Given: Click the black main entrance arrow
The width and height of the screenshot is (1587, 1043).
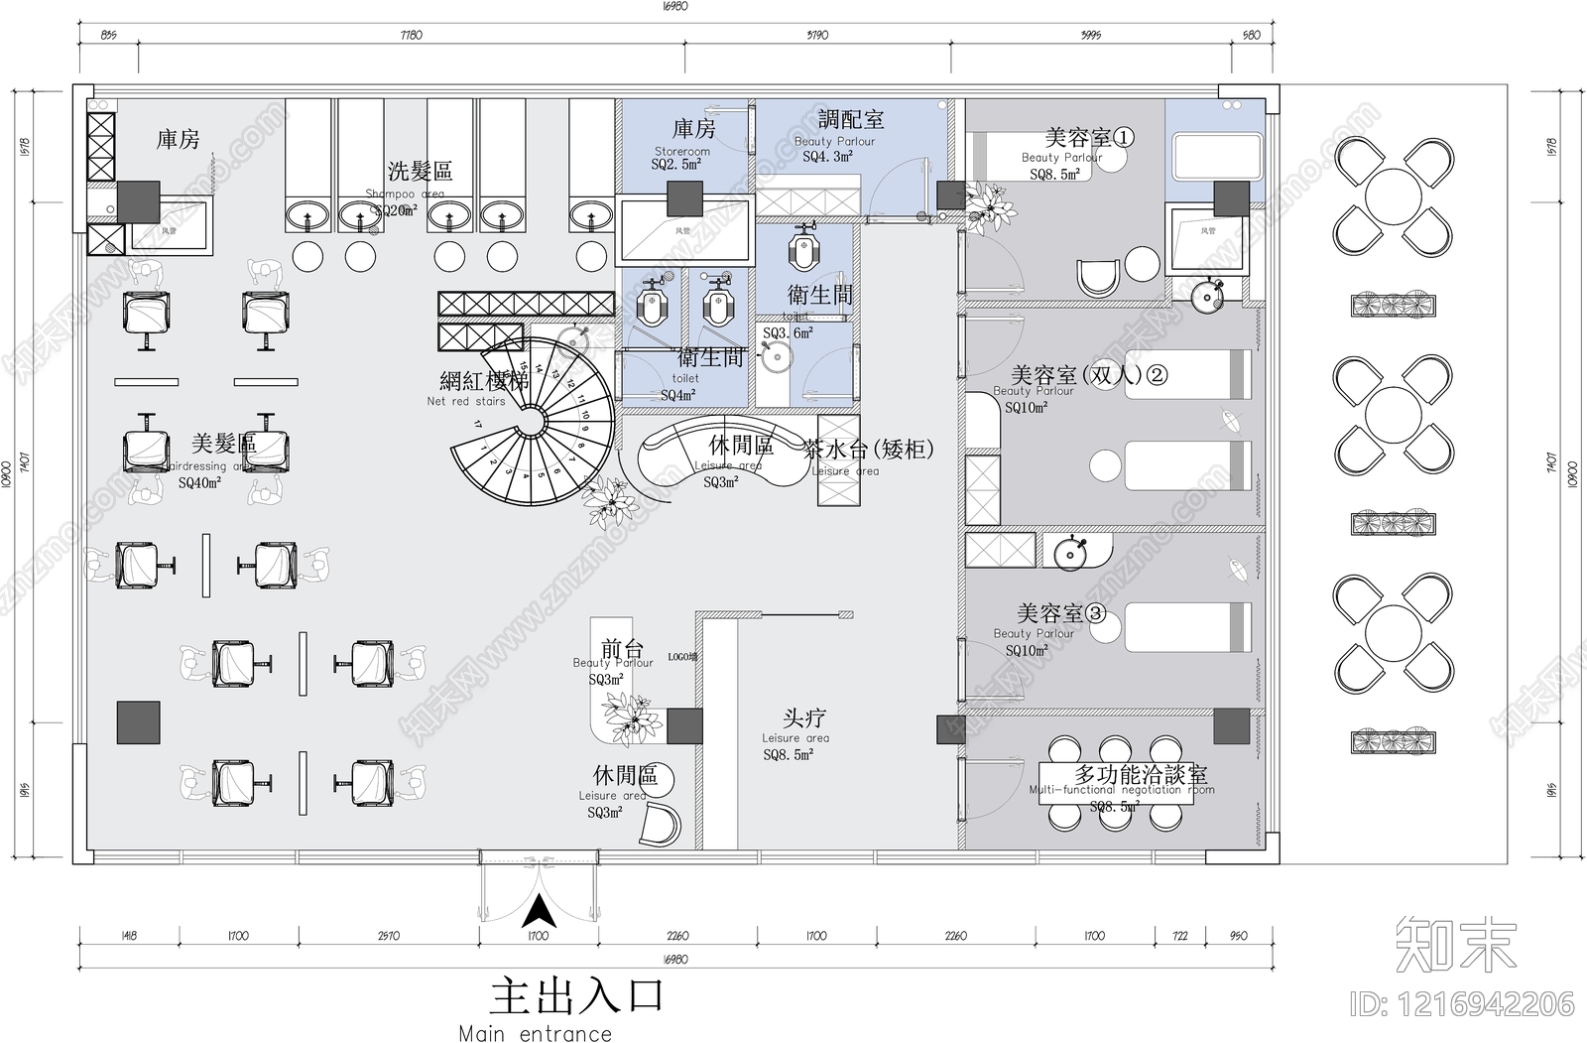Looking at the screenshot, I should tap(538, 911).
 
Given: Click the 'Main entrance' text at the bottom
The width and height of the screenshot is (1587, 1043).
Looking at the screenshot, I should tap(535, 1033).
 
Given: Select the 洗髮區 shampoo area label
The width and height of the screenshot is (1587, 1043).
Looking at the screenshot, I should tap(420, 171).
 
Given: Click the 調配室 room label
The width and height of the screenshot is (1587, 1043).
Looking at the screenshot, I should tap(851, 120).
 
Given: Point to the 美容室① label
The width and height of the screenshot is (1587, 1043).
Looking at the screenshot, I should tap(1088, 137).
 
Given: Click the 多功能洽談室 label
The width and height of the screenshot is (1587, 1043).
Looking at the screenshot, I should tap(1141, 774).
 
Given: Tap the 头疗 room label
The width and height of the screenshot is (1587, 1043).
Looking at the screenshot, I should tap(803, 717).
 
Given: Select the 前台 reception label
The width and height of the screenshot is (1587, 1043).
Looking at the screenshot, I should tap(622, 649).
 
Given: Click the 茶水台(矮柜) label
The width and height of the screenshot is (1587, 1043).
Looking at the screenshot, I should tap(869, 450).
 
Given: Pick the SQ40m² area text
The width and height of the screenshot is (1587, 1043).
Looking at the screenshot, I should tap(199, 483).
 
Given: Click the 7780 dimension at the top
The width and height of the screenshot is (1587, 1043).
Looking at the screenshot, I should tap(411, 36).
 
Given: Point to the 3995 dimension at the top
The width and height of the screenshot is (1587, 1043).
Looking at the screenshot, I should tap(1090, 36).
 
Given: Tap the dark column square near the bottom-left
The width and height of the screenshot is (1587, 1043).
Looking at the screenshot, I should tap(138, 722).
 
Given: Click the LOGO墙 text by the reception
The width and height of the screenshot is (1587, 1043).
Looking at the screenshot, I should tap(682, 657).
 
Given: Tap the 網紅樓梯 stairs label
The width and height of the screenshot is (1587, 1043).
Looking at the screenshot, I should tap(484, 381).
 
